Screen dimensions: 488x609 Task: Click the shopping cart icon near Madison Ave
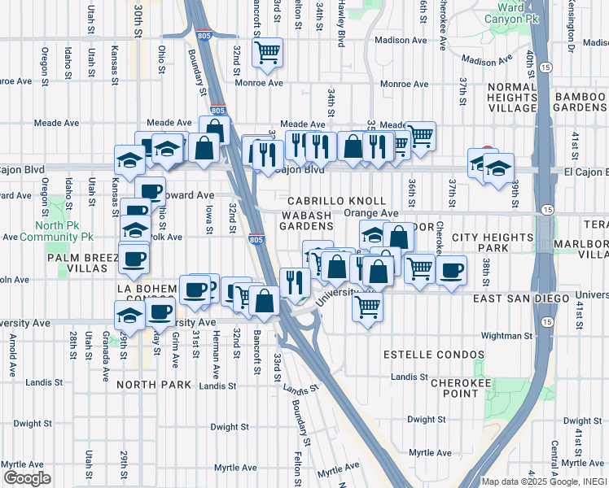[267, 54]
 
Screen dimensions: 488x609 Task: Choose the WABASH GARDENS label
[307, 220]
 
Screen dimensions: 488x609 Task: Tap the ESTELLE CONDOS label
[423, 355]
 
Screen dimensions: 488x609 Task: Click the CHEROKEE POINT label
[454, 387]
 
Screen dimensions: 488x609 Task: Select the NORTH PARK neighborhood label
[153, 385]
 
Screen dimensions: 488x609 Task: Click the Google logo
[26, 478]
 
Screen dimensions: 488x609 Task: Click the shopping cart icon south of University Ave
[368, 307]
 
